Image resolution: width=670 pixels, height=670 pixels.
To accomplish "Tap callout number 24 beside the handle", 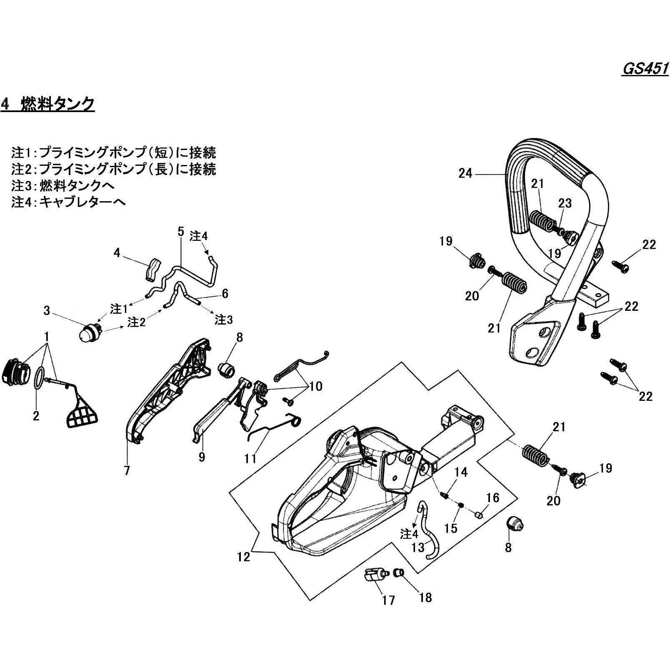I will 465,173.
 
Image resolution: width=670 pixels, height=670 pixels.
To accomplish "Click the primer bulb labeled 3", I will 89,332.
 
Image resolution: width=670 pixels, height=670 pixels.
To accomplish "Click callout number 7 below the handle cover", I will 127,470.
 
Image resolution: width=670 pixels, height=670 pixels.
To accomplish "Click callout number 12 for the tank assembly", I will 243,556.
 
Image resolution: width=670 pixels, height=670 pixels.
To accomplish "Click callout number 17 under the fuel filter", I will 388,600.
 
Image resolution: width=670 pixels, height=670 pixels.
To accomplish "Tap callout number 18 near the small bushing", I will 425,597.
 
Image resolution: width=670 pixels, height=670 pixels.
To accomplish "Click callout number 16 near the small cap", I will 492,497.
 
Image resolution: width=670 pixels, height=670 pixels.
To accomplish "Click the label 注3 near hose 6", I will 223,320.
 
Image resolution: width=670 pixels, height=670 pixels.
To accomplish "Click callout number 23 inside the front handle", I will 565,204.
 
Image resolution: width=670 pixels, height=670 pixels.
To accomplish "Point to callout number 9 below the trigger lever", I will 202,457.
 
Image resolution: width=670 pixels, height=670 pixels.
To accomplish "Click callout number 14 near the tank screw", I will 461,472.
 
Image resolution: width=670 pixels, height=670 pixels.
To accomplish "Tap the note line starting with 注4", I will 69,202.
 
